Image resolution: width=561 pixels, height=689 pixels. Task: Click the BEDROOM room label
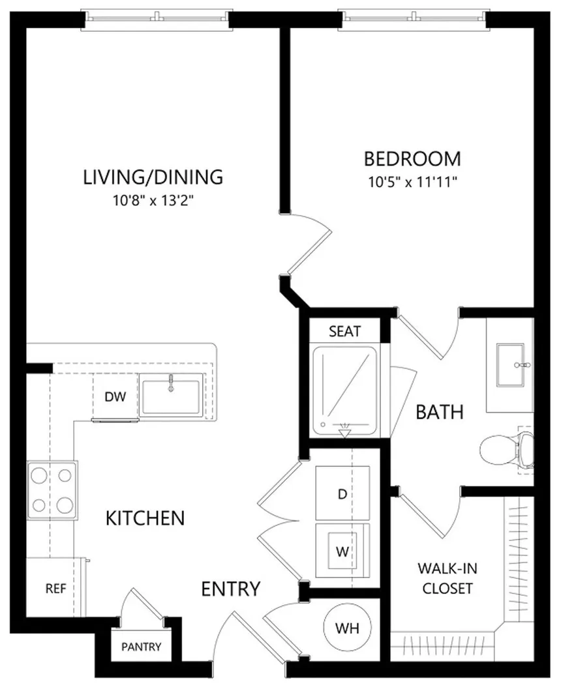coord(412,158)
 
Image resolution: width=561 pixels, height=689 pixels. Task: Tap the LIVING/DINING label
coord(153,177)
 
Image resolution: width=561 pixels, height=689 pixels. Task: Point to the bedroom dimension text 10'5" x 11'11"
coord(413,182)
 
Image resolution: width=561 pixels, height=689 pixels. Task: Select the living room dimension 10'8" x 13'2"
coord(153,201)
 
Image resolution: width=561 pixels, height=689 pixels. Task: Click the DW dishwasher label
coord(115,397)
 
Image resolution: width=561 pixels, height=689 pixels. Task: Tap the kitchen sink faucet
coord(171,382)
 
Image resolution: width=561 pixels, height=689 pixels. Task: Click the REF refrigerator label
coord(56,589)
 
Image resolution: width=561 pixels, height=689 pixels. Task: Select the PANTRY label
coord(141,647)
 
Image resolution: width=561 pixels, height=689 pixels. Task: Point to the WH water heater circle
coord(347,628)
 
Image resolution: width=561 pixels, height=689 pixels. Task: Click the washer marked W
coord(342,551)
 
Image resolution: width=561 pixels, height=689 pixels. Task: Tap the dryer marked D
coord(342,494)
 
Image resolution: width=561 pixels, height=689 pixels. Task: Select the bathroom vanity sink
coord(510,365)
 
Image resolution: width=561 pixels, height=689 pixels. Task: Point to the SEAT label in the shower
coord(344,331)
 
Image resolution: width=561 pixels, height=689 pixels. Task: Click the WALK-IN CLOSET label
coord(447,578)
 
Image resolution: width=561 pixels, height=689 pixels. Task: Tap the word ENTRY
coord(231,589)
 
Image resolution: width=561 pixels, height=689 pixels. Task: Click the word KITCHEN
coord(145,518)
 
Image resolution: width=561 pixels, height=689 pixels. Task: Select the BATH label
coord(440,412)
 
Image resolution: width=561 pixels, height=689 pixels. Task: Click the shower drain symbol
coord(344,430)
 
